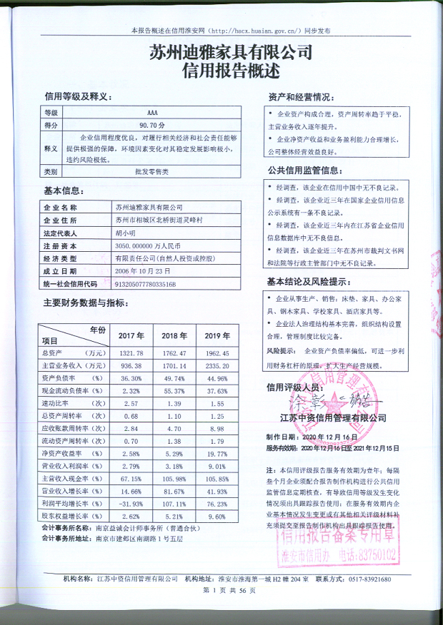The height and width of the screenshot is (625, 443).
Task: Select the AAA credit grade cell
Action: [152, 113]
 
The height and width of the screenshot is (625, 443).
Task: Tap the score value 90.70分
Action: [152, 124]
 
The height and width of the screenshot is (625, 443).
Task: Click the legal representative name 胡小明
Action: [124, 233]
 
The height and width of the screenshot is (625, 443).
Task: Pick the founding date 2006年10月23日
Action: [144, 271]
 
